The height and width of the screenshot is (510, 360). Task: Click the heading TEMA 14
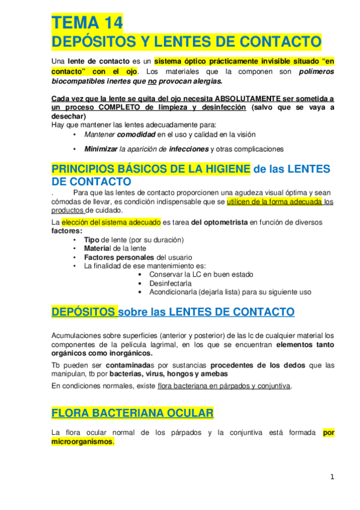[87, 23]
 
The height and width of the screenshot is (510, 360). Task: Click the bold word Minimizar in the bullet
[101, 149]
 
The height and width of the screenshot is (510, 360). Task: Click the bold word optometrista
[227, 222]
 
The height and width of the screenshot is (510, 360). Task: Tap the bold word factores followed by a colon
[66, 230]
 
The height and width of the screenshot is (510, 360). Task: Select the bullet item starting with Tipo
[133, 239]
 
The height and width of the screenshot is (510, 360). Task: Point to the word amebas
[209, 373]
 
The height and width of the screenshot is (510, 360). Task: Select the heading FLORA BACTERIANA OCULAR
[132, 413]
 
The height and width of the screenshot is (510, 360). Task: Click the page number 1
[331, 477]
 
